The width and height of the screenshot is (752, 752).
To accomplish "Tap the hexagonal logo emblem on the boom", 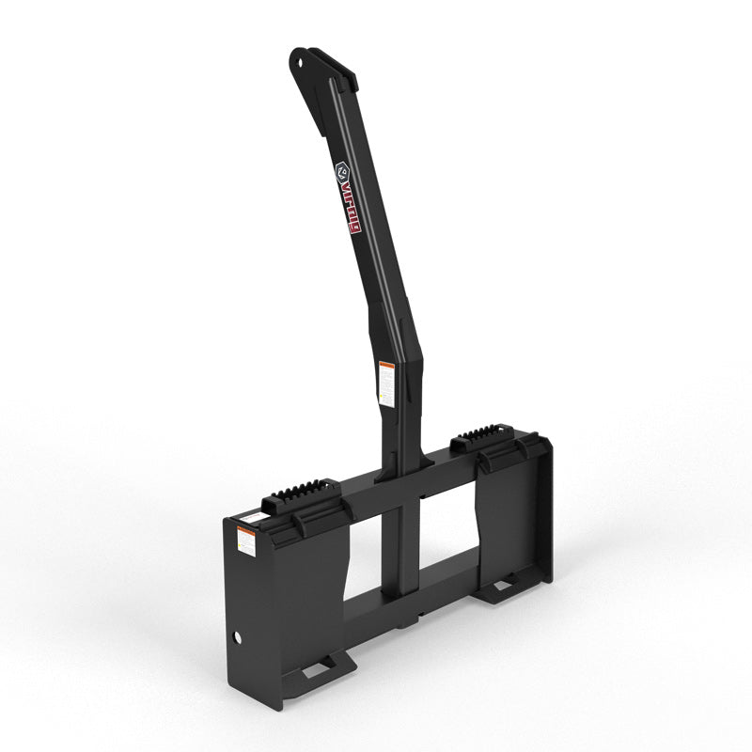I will [x=344, y=173].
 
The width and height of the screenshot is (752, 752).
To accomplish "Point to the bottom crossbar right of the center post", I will [x=451, y=573].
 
